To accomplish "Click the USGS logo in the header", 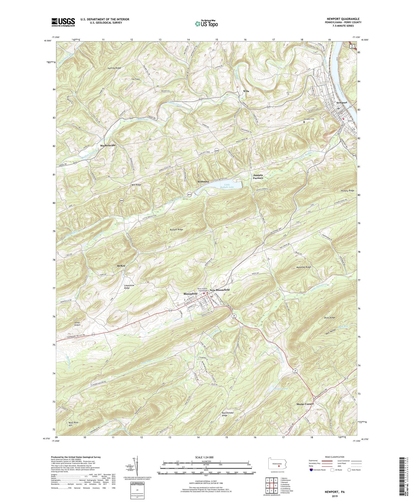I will pos(63,22).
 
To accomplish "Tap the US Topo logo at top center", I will pos(206,24).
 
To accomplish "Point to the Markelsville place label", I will pos(108,145).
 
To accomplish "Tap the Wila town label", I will pos(246,91).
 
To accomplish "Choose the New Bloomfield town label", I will pos(220,290).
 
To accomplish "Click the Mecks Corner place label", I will pos(305,404).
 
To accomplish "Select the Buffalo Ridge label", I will pos(176,230).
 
